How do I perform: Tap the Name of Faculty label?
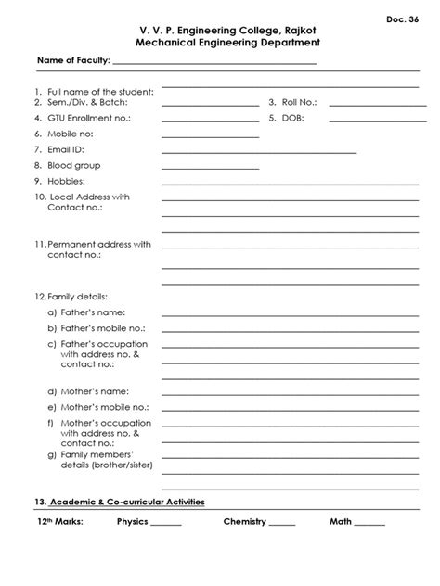[x=72, y=61]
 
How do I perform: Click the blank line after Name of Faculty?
[x=214, y=63]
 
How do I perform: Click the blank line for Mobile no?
[x=211, y=135]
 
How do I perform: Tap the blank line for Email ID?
[x=259, y=150]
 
